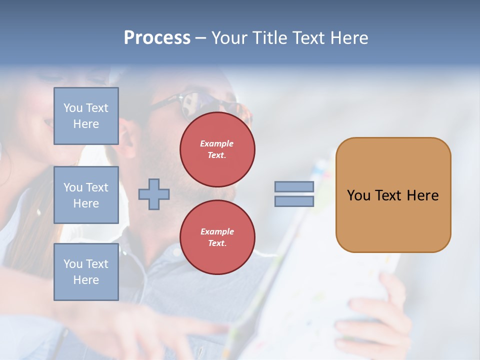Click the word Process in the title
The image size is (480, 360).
click(157, 38)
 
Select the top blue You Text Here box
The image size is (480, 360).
click(86, 116)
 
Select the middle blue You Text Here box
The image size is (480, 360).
click(86, 195)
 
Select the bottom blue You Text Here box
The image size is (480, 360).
click(86, 271)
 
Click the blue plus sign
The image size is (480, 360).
click(154, 194)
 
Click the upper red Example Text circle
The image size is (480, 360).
click(217, 149)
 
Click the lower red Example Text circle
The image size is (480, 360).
click(217, 237)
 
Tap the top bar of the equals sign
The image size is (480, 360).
click(294, 186)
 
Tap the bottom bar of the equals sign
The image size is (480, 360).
click(294, 201)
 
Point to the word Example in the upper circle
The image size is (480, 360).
click(217, 143)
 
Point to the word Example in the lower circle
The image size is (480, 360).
click(217, 231)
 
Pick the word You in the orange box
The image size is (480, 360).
click(358, 195)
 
